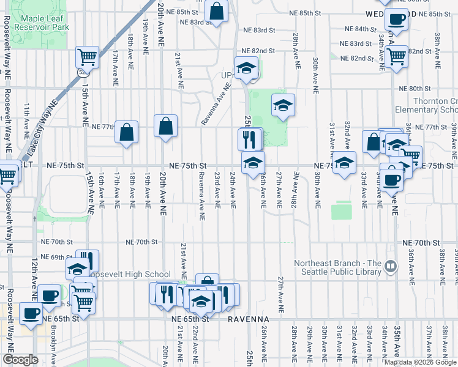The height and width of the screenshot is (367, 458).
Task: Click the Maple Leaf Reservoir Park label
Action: pyautogui.click(x=41, y=23)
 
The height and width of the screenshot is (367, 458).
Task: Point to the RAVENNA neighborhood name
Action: pyautogui.click(x=249, y=319)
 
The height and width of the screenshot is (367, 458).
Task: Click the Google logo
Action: pyautogui.click(x=20, y=360)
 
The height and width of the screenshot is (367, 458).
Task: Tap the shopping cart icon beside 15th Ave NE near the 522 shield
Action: pyautogui.click(x=88, y=57)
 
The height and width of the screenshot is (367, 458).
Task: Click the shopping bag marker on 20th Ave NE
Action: pyautogui.click(x=166, y=127)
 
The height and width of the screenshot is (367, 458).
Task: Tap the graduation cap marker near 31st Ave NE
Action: pyautogui.click(x=345, y=163)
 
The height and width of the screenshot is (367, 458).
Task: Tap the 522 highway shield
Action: pyautogui.click(x=81, y=72)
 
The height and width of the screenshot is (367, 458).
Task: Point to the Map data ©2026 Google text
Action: pyautogui.click(x=420, y=362)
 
